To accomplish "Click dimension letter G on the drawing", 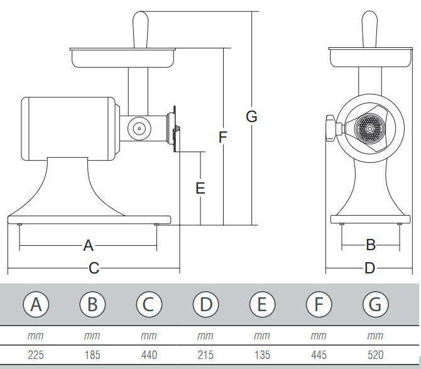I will pyautogui.click(x=251, y=116).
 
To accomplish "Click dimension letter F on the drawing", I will pyautogui.click(x=223, y=137).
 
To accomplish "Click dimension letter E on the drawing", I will pyautogui.click(x=200, y=188).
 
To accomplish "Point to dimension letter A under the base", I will pyautogui.click(x=88, y=245).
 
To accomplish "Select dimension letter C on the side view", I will pyautogui.click(x=94, y=268).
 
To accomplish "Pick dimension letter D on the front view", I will pyautogui.click(x=370, y=268).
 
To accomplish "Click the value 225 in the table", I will pyautogui.click(x=36, y=355).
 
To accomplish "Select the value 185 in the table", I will pyautogui.click(x=92, y=355).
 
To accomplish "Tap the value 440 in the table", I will pyautogui.click(x=149, y=355).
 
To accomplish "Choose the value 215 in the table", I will pyautogui.click(x=205, y=355).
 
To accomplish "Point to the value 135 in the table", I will pyautogui.click(x=262, y=355).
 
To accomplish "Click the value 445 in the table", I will pyautogui.click(x=319, y=355).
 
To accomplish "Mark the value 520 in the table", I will pyautogui.click(x=375, y=355).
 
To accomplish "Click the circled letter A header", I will pyautogui.click(x=36, y=305).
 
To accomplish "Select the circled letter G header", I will pyautogui.click(x=375, y=305).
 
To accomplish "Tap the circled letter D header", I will pyautogui.click(x=205, y=305).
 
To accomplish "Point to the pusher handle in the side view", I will pyautogui.click(x=140, y=28).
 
